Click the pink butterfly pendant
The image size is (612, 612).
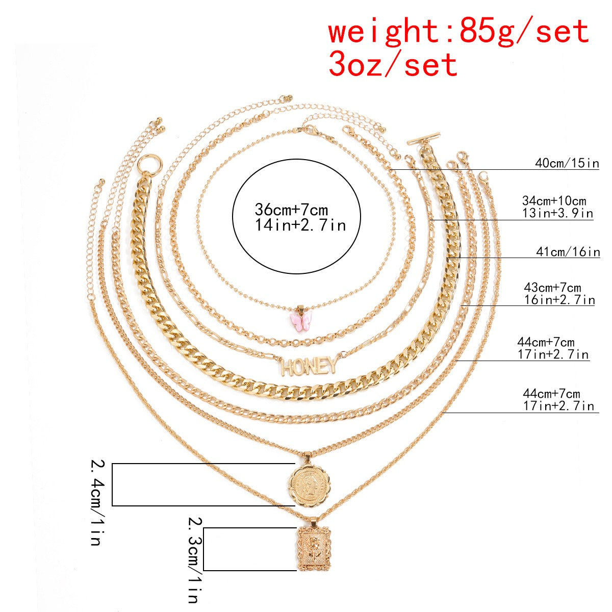click(302, 321)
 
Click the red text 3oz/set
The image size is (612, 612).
click(393, 65)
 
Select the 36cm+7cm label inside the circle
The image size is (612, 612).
click(291, 210)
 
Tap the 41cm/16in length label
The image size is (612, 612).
click(568, 251)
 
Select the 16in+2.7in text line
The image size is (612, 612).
click(559, 300)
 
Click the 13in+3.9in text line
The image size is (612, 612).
click(557, 213)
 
